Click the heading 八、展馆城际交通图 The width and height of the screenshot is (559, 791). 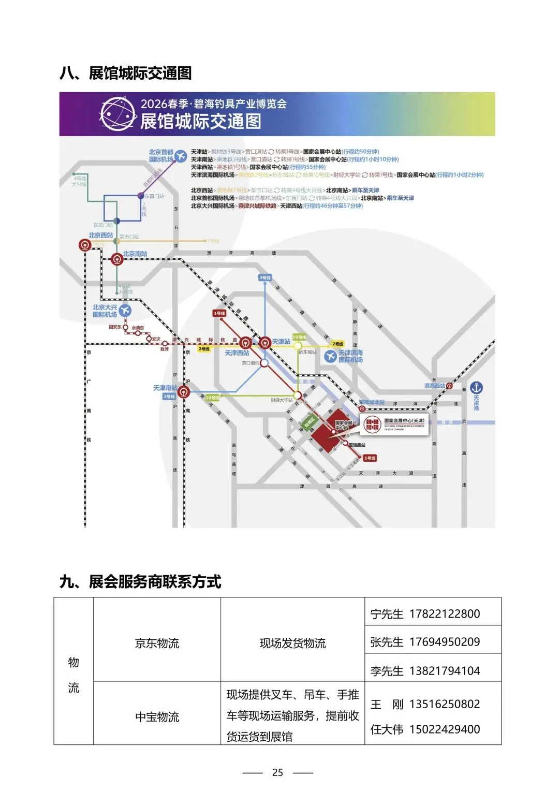point(126,74)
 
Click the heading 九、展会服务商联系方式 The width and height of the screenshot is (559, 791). point(140,582)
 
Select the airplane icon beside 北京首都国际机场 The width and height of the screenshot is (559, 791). point(180,155)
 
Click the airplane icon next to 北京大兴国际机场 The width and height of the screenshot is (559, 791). point(125,311)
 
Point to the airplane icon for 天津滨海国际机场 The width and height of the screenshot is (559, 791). point(330,356)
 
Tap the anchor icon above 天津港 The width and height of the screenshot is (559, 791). point(476,387)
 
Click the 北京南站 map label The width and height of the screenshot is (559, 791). point(135,254)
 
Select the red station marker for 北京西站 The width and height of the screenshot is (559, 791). point(85,245)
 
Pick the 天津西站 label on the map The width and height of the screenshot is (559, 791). point(237,353)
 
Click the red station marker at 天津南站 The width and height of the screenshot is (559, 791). point(184,392)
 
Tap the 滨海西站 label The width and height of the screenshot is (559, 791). point(434,386)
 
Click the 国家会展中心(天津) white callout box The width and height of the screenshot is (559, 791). point(394,424)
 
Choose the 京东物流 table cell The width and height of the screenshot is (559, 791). point(157,643)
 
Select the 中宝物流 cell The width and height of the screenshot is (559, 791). point(157,717)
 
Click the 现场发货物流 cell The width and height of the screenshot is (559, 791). point(292,643)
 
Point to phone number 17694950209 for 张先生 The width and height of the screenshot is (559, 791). point(445,642)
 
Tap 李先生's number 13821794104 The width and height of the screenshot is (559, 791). point(445,671)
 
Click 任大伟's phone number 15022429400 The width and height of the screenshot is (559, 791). point(445,729)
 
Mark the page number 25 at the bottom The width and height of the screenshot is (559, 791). point(277,772)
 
